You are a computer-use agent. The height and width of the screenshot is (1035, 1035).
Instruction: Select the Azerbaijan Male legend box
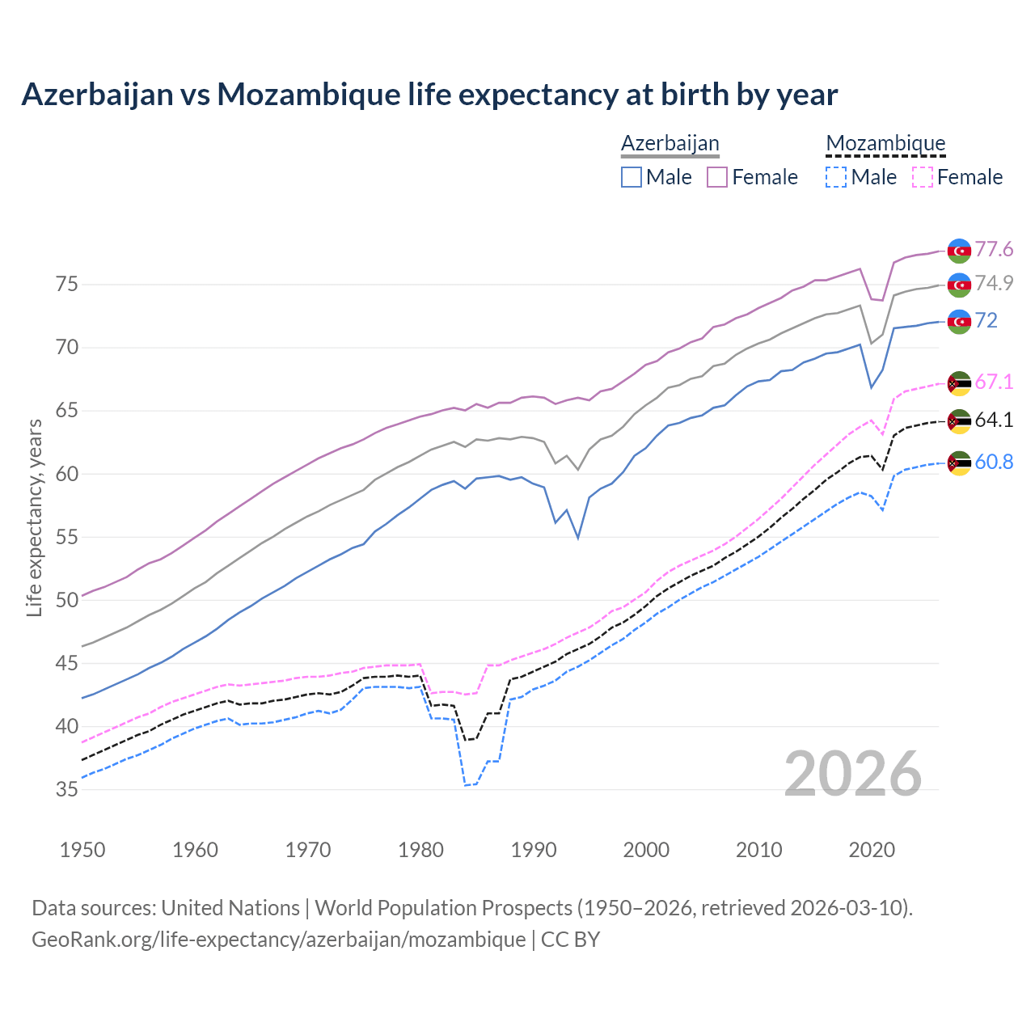point(632,177)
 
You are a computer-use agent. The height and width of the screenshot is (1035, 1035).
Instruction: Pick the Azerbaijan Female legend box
point(717,177)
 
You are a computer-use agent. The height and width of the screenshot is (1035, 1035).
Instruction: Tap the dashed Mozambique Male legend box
point(836,177)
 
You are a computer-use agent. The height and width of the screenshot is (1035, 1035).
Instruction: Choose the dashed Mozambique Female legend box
point(923,177)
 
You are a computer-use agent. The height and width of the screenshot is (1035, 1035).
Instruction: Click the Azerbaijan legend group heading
point(670,144)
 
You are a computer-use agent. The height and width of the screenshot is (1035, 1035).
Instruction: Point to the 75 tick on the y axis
point(66,285)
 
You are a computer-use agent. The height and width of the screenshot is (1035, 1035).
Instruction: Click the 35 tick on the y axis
point(66,789)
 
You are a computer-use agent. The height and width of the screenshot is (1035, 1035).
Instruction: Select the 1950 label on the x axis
point(82,850)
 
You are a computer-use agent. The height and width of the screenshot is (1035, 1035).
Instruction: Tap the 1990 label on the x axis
point(534,850)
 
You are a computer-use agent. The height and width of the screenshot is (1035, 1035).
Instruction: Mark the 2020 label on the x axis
point(872,850)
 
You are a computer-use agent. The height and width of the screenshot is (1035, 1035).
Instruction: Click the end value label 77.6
point(994,249)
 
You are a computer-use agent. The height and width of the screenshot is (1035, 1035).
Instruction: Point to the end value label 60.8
point(994,462)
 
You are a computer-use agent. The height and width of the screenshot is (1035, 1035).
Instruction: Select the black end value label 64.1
point(994,420)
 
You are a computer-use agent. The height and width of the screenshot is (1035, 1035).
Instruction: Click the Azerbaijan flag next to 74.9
point(959,285)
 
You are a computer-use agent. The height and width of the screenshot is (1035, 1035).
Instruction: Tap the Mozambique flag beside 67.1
point(959,383)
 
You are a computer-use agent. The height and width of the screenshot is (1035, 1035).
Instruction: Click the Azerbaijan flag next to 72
point(959,321)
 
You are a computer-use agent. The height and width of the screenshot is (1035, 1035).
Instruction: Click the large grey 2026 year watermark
point(853,774)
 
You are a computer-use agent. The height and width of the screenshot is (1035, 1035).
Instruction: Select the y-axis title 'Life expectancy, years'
point(34,517)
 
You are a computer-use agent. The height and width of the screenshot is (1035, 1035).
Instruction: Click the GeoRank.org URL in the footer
point(278,940)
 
